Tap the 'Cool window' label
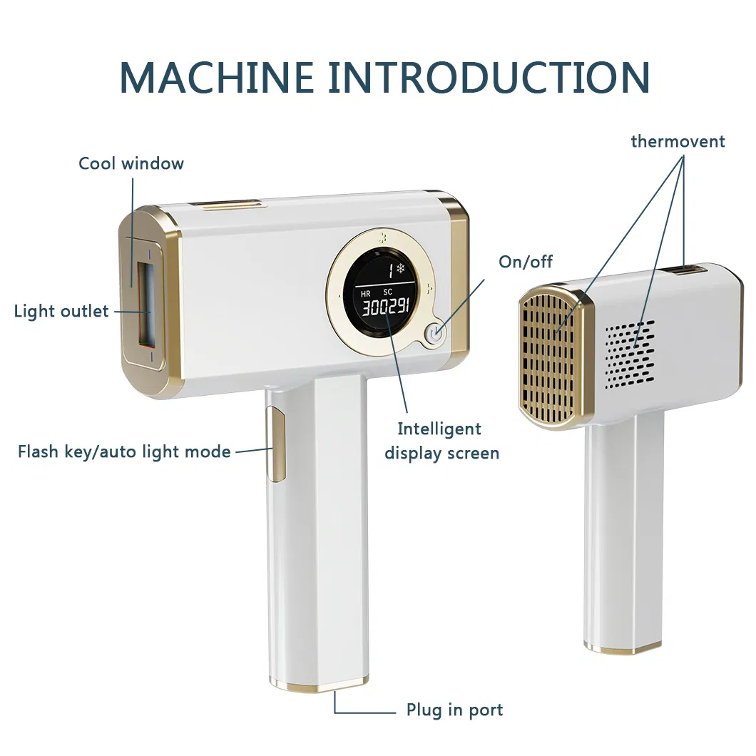131,163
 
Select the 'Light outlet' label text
61,312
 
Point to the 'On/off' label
526,262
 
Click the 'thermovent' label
678,141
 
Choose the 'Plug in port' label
454,710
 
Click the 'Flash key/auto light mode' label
124,451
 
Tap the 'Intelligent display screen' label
441,441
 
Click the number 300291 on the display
385,308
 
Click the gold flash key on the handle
275,444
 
